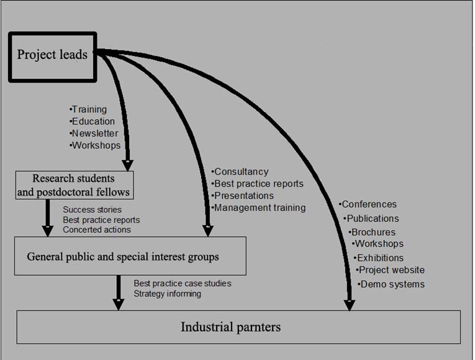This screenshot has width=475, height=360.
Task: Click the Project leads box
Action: click(52, 56)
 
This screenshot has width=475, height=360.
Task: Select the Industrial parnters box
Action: click(238, 326)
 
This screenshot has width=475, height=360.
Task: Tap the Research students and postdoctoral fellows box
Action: click(74, 185)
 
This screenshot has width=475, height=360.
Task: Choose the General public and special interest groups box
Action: click(130, 256)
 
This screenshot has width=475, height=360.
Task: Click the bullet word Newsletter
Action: click(94, 133)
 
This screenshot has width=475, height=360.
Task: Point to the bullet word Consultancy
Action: click(241, 172)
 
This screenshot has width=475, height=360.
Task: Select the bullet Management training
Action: click(260, 208)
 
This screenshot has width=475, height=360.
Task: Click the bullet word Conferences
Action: click(369, 204)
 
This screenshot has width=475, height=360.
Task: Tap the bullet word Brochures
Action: click(373, 232)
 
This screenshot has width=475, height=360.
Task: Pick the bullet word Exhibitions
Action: click(380, 258)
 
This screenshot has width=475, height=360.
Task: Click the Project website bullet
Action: click(391, 270)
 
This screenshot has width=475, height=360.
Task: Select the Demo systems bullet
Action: click(392, 284)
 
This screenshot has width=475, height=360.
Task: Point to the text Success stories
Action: click(93, 210)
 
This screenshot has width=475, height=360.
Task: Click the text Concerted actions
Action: click(97, 230)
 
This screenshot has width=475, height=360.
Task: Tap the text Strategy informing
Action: click(168, 294)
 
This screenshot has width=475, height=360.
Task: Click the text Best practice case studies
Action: click(183, 284)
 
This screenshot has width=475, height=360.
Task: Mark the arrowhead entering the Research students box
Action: click(127, 165)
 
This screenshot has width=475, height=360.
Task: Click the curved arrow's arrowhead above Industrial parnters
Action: click(350, 304)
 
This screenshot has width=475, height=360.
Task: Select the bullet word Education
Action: click(93, 122)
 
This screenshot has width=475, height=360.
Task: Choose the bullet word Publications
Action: click(372, 218)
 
